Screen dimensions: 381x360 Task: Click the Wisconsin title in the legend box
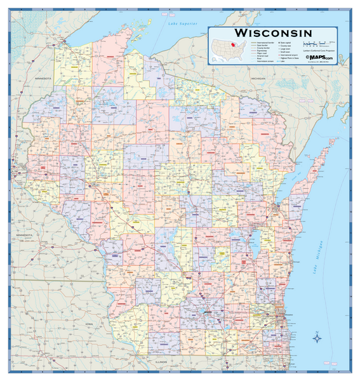(x=272, y=32)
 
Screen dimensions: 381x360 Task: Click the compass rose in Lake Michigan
(x=317, y=339)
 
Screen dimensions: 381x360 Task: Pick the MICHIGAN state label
(x=258, y=78)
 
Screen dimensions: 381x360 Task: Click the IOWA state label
(x=88, y=323)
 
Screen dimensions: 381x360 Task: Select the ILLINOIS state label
(x=160, y=362)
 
